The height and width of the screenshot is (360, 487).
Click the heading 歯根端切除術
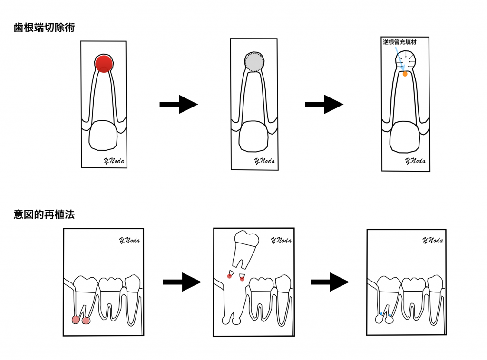pos(44,28)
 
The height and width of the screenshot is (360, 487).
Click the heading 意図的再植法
pos(44,214)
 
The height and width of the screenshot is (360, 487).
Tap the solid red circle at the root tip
pos(104,63)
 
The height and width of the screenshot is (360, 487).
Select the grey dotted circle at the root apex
pos(254,62)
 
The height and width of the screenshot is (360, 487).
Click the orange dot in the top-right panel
pos(405,74)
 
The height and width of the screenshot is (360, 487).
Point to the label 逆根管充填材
pos(399,42)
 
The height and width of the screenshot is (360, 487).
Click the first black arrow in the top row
pos(179,104)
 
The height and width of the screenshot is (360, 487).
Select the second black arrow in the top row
pos(324,104)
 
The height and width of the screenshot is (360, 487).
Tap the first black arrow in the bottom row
pos(182,282)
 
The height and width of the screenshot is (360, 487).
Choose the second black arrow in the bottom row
pos(330,282)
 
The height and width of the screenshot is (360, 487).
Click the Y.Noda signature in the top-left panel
pos(114,161)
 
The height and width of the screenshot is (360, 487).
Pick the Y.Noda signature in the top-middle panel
pos(264,161)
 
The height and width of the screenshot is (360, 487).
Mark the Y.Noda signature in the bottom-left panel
pos(129,241)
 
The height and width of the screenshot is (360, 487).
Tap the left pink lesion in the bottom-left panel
pos(76,320)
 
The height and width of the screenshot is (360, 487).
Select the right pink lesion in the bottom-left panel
pos(86,320)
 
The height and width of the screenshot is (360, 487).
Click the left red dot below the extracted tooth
pos(230,276)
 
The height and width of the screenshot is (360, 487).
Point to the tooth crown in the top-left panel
pos(103,136)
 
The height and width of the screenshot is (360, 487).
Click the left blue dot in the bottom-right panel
pos(381,313)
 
